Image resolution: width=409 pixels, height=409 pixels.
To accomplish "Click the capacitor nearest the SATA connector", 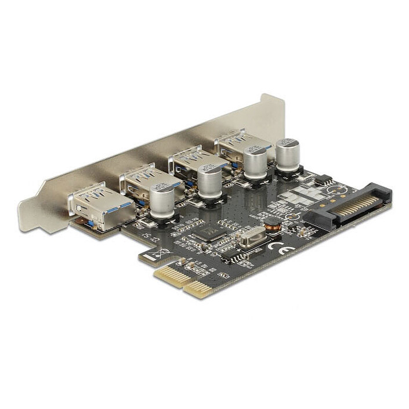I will [288, 154].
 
